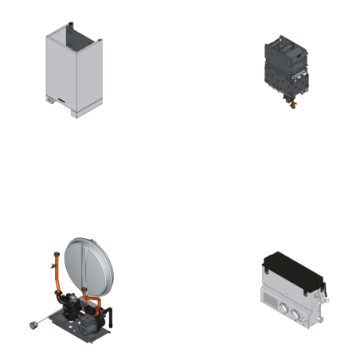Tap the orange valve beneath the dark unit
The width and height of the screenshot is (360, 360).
tap(292, 103)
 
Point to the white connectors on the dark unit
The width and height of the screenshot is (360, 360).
tap(303, 79)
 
